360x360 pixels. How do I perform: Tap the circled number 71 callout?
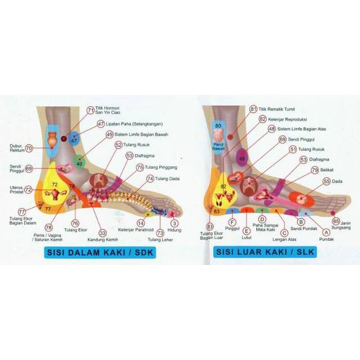click(91, 110)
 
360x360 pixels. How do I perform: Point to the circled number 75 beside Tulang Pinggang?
click(139, 168)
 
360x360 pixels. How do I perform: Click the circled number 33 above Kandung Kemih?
click(102, 232)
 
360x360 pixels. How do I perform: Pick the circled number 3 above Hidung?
click(175, 223)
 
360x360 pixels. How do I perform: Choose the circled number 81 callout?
click(253, 109)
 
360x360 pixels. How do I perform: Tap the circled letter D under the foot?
click(262, 219)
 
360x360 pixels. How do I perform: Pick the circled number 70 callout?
click(29, 148)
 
